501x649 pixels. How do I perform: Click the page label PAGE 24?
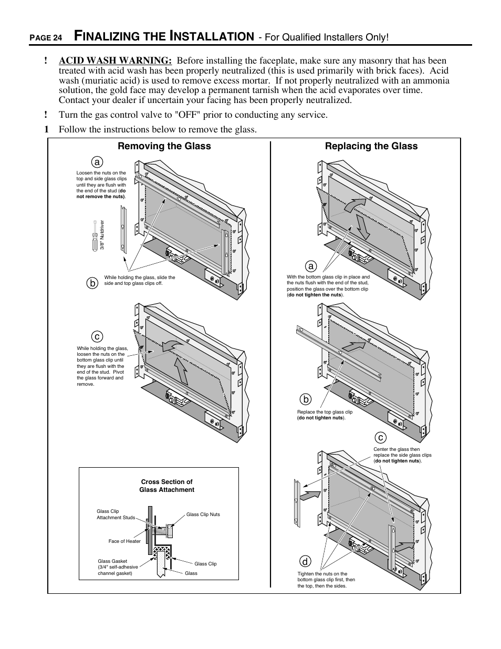[x=46, y=38]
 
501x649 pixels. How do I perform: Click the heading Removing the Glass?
[x=164, y=147]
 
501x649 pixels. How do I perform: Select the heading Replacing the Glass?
[x=371, y=147]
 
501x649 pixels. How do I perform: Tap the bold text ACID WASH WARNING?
[x=115, y=61]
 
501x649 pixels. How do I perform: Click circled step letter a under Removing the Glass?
[x=96, y=162]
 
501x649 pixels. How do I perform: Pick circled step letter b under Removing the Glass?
[x=92, y=283]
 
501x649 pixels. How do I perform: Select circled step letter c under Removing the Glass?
[x=96, y=336]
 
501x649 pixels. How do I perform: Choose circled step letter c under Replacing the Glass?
[x=380, y=437]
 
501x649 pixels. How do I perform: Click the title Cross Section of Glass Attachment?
[x=166, y=486]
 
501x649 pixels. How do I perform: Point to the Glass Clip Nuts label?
[x=203, y=514]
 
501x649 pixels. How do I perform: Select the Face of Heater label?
[x=124, y=541]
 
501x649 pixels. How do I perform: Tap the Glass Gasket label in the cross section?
[x=118, y=567]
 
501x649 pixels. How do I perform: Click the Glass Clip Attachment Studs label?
[x=116, y=514]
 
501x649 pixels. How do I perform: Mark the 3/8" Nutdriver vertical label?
[x=103, y=234]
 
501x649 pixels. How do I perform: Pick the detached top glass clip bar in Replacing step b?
[x=339, y=352]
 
